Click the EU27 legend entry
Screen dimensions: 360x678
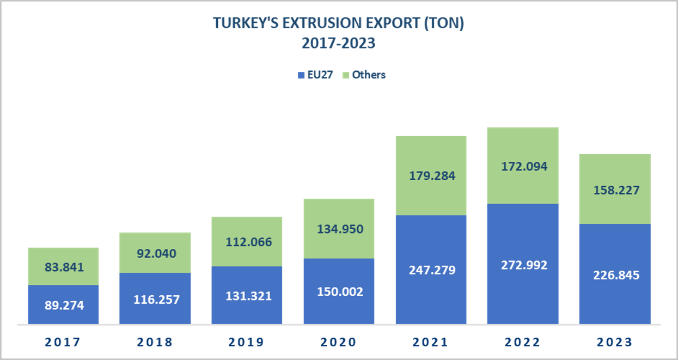pos(316,75)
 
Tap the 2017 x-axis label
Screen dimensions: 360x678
pos(63,342)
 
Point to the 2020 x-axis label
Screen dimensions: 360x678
pos(338,342)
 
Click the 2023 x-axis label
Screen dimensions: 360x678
pos(614,342)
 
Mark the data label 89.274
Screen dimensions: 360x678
pos(64,305)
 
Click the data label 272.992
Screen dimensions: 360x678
pos(522,265)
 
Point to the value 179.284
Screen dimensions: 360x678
pos(431,176)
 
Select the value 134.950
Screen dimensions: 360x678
pos(339,228)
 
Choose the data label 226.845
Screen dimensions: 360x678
pos(614,275)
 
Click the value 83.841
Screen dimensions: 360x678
pos(64,267)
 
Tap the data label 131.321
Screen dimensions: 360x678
pos(247,296)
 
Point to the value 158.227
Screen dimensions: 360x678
pos(614,191)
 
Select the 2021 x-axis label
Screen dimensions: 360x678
pos(431,342)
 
